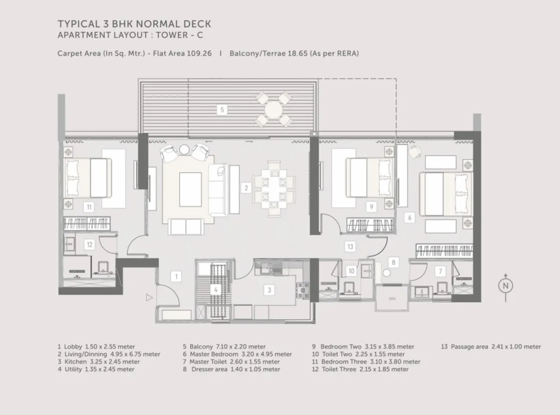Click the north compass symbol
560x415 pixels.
[505, 286]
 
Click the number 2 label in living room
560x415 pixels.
[246, 188]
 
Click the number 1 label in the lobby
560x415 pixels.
[176, 275]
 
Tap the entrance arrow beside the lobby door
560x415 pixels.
[149, 298]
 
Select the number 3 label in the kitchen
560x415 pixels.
[269, 290]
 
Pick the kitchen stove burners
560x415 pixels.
[303, 290]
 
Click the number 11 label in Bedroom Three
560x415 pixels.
[89, 206]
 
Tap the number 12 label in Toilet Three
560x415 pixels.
[89, 245]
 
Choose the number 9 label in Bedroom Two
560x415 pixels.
[371, 206]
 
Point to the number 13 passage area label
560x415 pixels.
[350, 246]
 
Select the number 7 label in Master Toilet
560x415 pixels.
[441, 271]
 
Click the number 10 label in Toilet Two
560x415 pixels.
[351, 271]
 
